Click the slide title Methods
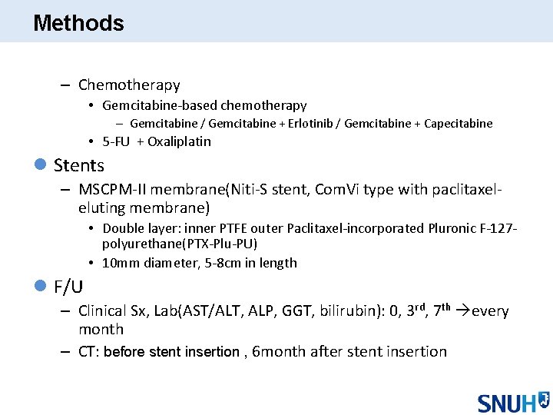coord(78,23)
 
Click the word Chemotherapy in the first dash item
coord(129,85)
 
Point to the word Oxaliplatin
coord(179,141)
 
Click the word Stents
coord(79,165)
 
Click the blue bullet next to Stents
coord(42,164)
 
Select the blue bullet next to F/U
coord(42,287)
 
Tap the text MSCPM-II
coord(111,190)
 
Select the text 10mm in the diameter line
coord(120,263)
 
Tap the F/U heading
coord(68,287)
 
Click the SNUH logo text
coord(505,403)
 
